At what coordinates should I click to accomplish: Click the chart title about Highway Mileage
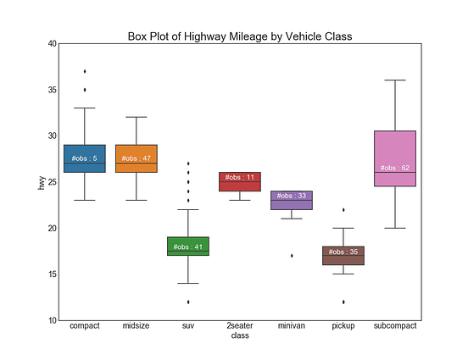(240, 36)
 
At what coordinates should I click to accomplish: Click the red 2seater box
(240, 181)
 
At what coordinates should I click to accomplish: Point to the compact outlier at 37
(84, 71)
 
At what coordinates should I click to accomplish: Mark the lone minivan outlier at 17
(292, 256)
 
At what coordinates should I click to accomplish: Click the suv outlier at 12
(188, 302)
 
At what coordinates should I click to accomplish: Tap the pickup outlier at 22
(343, 209)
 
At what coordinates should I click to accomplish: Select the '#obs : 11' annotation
(240, 177)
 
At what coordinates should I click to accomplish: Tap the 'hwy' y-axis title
(40, 181)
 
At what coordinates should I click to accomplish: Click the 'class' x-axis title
(240, 336)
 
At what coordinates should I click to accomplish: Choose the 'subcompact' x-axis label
(395, 326)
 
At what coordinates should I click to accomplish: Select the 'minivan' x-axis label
(292, 326)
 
